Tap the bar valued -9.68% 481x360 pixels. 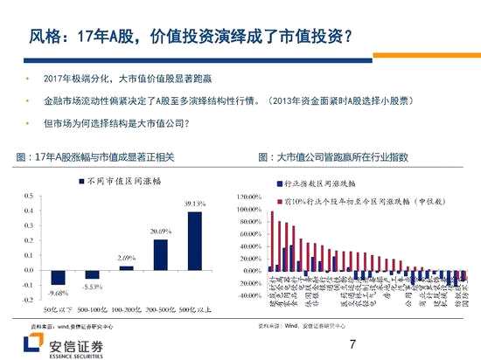pos(59,276)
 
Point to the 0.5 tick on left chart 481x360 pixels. pos(30,184)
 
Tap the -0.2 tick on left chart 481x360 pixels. pos(28,300)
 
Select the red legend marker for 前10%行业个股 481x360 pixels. pos(277,200)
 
